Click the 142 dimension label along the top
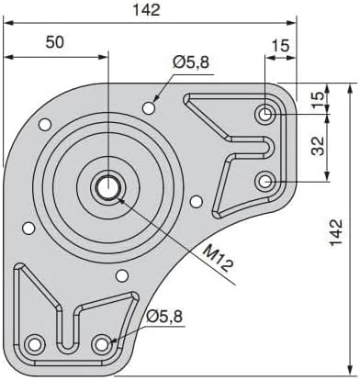(145, 10)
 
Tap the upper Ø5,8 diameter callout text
(190, 62)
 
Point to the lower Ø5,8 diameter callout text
(164, 318)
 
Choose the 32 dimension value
(318, 148)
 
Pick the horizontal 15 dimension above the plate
(280, 43)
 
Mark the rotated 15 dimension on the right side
(318, 100)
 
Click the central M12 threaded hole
(107, 186)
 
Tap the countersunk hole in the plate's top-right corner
(265, 115)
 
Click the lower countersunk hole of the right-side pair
(265, 182)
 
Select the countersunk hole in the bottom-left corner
(36, 343)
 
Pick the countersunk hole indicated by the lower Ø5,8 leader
(103, 343)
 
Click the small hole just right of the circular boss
(195, 201)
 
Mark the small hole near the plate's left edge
(28, 228)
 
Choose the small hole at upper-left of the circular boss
(43, 124)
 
